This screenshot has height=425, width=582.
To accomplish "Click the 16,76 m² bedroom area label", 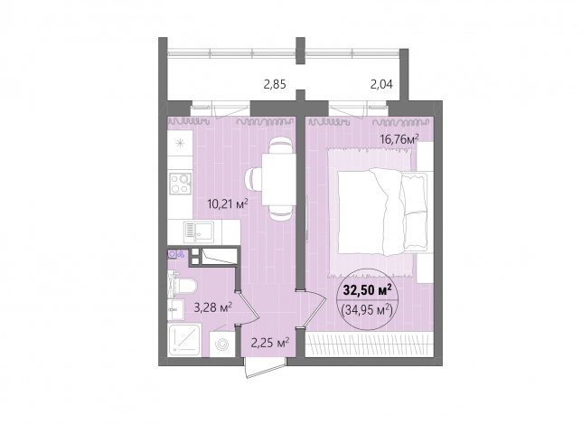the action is click(x=399, y=139).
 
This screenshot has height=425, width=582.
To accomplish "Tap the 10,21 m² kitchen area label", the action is click(x=228, y=203).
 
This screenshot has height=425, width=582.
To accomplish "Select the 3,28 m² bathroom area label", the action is click(x=213, y=307).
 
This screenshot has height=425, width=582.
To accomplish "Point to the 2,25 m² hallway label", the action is click(x=270, y=343).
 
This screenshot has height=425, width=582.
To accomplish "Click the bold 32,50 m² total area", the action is click(x=368, y=290).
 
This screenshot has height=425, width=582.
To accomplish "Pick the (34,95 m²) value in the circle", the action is click(x=367, y=309).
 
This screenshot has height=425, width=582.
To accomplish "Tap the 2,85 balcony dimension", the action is click(x=275, y=85).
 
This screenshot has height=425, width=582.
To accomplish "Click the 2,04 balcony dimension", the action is click(x=381, y=85).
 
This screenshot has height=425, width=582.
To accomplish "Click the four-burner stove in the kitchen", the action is click(x=181, y=184).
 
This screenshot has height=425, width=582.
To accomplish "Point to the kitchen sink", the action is click(x=199, y=231).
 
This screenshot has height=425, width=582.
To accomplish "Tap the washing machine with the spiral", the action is click(x=222, y=345).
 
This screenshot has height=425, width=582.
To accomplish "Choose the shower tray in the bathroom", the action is click(x=184, y=340).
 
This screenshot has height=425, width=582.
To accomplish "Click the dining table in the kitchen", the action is click(x=278, y=179).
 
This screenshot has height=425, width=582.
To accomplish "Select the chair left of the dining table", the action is click(x=254, y=180).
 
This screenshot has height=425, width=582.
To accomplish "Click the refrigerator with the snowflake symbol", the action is click(x=180, y=143).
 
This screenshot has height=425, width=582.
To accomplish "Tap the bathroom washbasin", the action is click(x=175, y=309).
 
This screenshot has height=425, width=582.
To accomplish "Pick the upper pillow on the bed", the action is click(x=414, y=194).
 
